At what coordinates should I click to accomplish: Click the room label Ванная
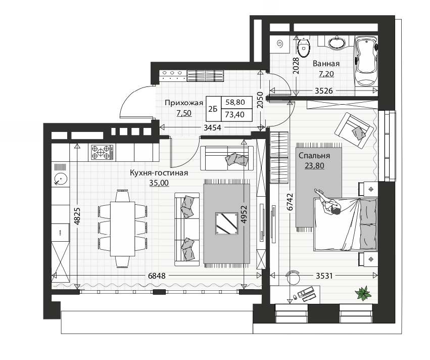[x=326, y=64]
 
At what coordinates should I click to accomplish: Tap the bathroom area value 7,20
[x=326, y=74]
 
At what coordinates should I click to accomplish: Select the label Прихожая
[x=184, y=103]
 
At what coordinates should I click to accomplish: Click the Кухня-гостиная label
[x=159, y=173]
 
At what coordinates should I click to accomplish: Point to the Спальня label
[x=314, y=156]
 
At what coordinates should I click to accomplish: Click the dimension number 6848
[x=157, y=276]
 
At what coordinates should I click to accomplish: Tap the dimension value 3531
[x=324, y=275]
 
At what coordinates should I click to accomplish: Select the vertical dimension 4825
[x=77, y=216]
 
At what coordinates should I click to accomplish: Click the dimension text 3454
[x=212, y=127]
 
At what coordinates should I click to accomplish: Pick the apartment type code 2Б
[x=213, y=109]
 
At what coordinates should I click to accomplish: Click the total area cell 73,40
[x=235, y=115]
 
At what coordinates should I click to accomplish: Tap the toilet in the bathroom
[x=304, y=48]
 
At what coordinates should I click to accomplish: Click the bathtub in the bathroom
[x=366, y=61]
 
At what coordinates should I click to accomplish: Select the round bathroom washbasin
[x=337, y=43]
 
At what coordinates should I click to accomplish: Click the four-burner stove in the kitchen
[x=102, y=153]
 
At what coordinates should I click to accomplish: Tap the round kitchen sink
[x=61, y=179]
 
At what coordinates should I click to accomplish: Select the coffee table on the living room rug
[x=226, y=223]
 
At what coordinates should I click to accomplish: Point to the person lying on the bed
[x=328, y=204]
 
